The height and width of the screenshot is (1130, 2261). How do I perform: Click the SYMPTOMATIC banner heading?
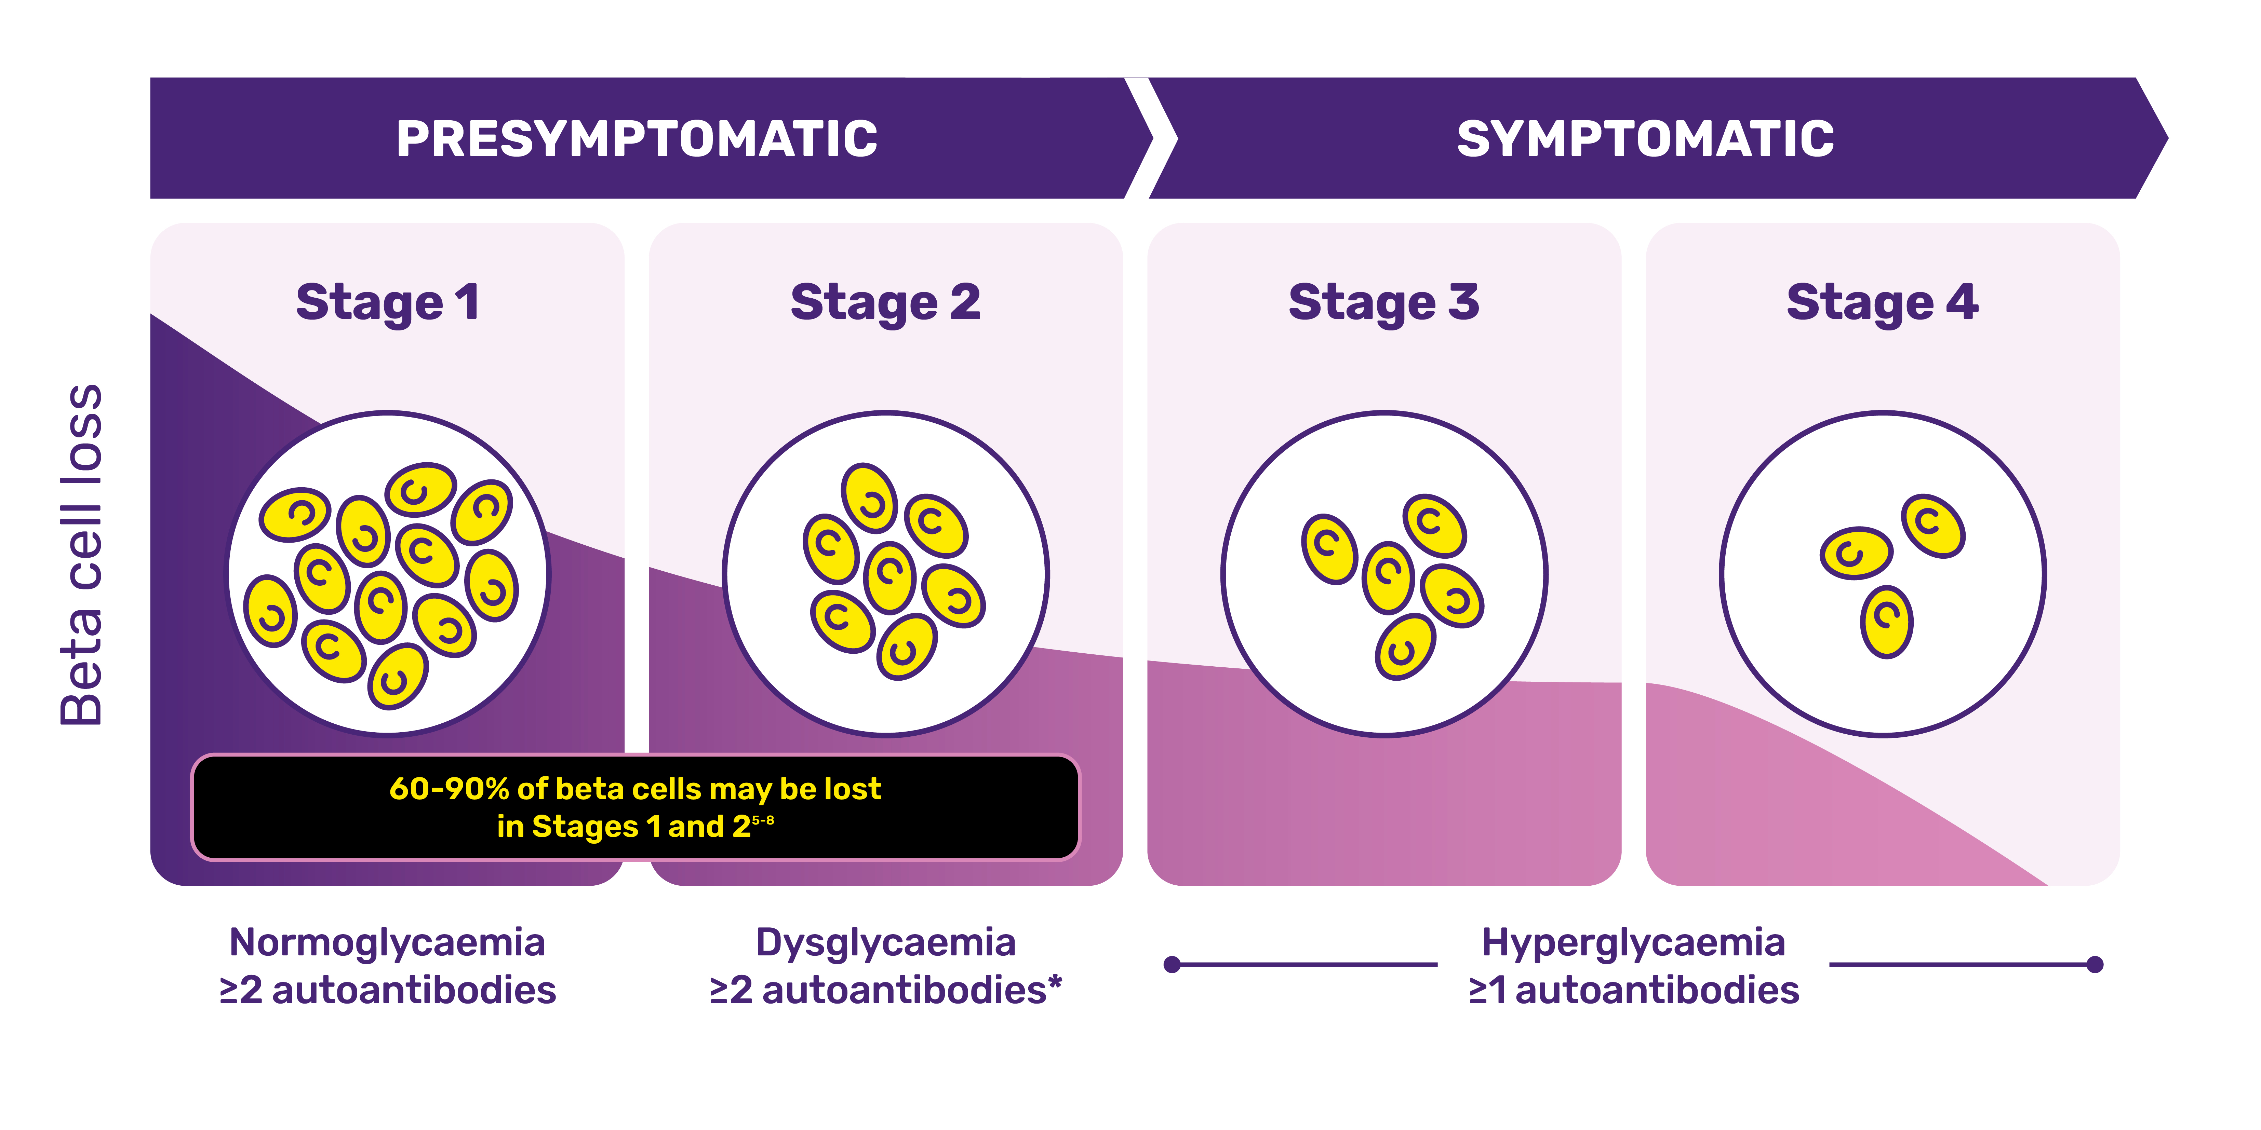[1645, 139]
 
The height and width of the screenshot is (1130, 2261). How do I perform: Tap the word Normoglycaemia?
[387, 942]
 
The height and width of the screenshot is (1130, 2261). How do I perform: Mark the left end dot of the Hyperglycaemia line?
[1172, 964]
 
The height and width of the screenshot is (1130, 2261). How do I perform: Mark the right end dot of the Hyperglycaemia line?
[2095, 964]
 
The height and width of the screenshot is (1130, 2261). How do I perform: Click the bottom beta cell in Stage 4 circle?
[1886, 621]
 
